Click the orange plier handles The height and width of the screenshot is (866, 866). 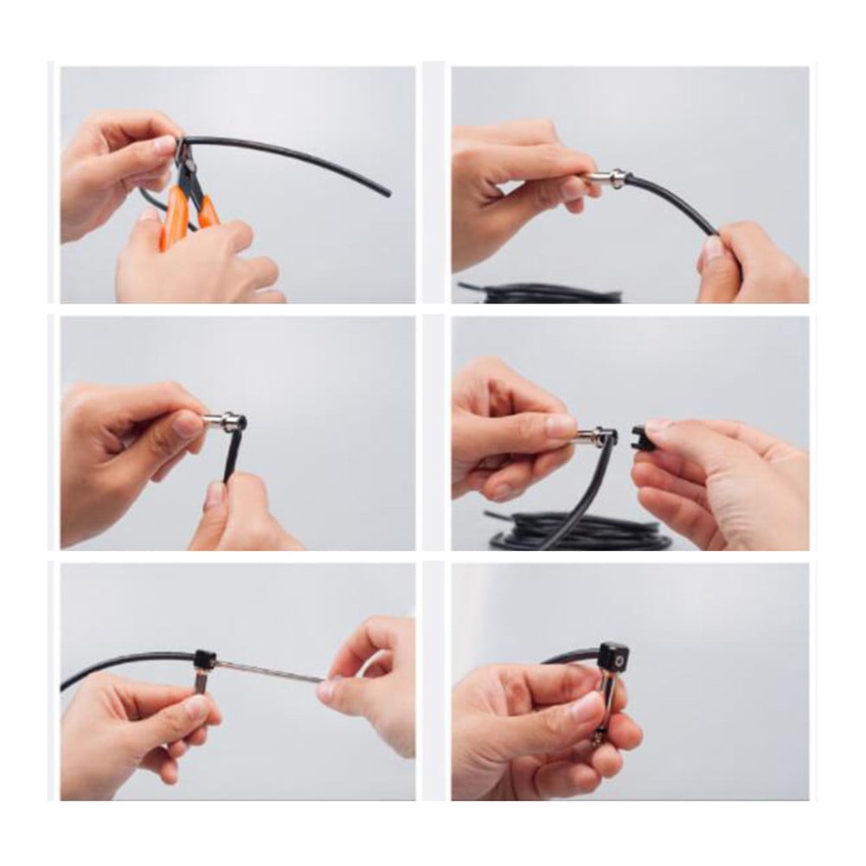pyautogui.click(x=177, y=216)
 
